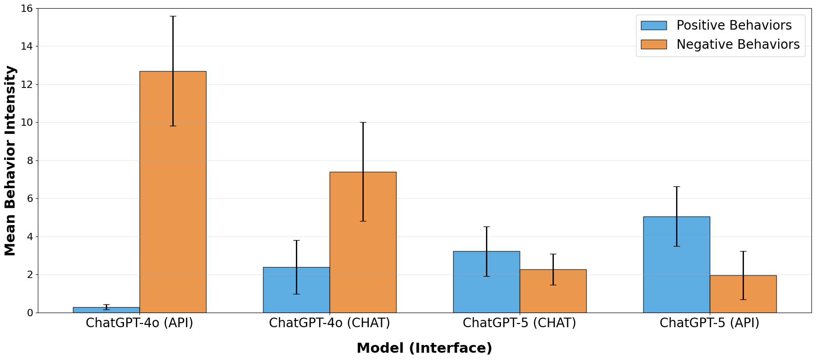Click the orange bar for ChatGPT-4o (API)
click(x=173, y=191)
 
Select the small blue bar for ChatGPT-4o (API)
click(x=106, y=310)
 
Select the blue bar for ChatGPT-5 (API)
click(x=677, y=264)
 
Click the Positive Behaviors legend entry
click(x=734, y=26)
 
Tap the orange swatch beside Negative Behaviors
click(x=654, y=44)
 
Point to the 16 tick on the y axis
click(x=27, y=9)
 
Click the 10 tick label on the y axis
click(x=27, y=123)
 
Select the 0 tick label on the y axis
click(x=30, y=313)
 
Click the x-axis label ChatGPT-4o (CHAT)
click(x=330, y=323)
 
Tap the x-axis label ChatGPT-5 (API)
click(x=709, y=323)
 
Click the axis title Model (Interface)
click(x=424, y=348)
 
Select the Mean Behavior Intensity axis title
click(x=10, y=160)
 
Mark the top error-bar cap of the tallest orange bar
click(x=173, y=16)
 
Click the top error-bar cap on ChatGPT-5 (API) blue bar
click(x=677, y=187)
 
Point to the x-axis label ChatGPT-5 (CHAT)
click(x=519, y=323)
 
